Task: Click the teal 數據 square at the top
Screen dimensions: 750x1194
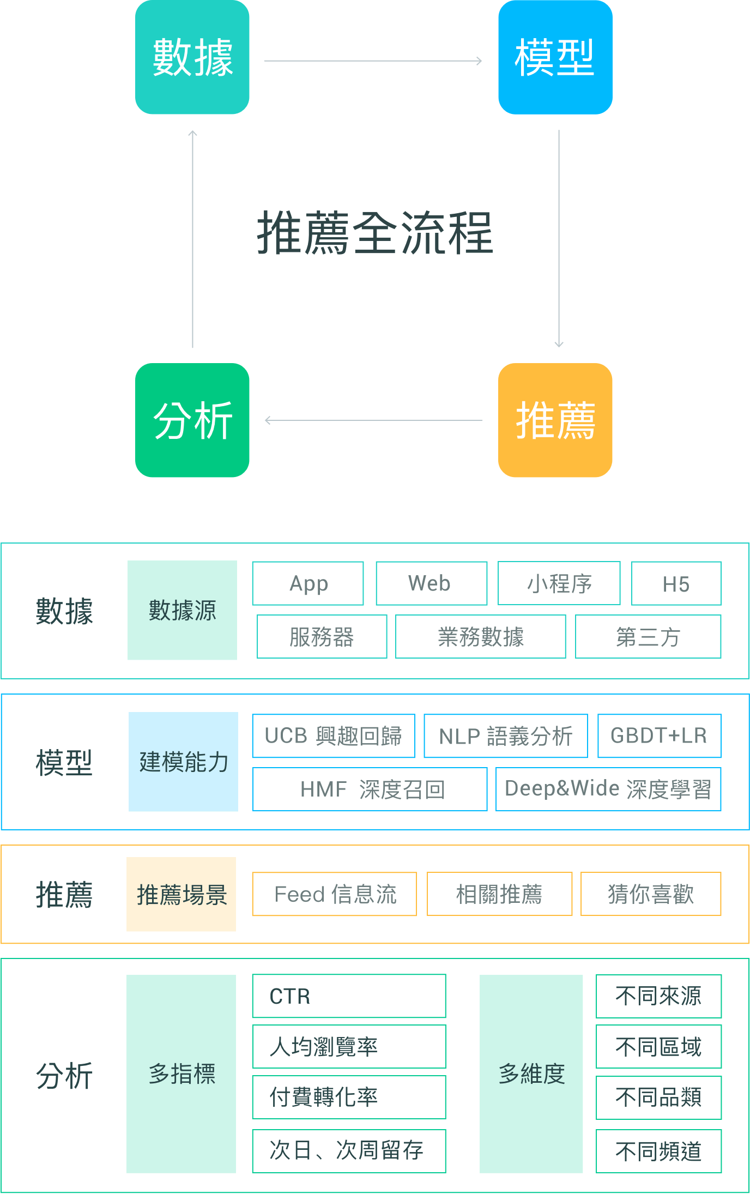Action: coord(192,57)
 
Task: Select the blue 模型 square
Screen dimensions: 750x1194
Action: coord(555,57)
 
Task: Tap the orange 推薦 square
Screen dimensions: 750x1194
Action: coord(555,420)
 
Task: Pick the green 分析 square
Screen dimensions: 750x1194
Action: coord(192,420)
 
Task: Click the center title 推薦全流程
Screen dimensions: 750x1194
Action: coord(375,233)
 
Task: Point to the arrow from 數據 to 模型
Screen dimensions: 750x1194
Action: coord(373,61)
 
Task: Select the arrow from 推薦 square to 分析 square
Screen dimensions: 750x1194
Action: coord(373,420)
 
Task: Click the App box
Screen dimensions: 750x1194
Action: coord(308,583)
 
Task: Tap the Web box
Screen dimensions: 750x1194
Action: coord(432,583)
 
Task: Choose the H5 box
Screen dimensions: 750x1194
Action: coord(676,583)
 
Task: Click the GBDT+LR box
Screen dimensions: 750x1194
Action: coord(660,735)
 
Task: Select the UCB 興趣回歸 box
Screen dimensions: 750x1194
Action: coord(334,735)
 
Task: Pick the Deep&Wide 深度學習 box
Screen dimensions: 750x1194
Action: coord(608,789)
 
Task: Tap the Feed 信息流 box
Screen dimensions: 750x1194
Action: coord(335,894)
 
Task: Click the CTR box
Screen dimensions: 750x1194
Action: coord(349,996)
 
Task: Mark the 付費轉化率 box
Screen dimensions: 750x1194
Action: coord(349,1097)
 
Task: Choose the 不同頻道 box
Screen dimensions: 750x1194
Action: coord(659,1151)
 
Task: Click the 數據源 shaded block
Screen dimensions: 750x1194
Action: coord(182,610)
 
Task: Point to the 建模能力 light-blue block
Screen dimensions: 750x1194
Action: coord(183,762)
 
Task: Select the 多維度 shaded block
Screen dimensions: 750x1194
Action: coord(531,1074)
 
